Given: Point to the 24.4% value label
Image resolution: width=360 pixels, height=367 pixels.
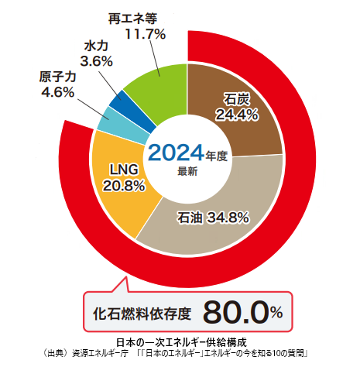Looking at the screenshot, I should click(x=237, y=115).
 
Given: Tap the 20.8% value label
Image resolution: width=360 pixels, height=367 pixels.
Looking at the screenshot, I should click(x=124, y=186).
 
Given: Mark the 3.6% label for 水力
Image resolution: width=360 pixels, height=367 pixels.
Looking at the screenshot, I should click(x=97, y=61).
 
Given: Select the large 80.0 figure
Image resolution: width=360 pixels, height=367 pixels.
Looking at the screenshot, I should click(x=235, y=312).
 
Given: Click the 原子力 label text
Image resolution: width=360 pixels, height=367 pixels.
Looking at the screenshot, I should click(x=57, y=77).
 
